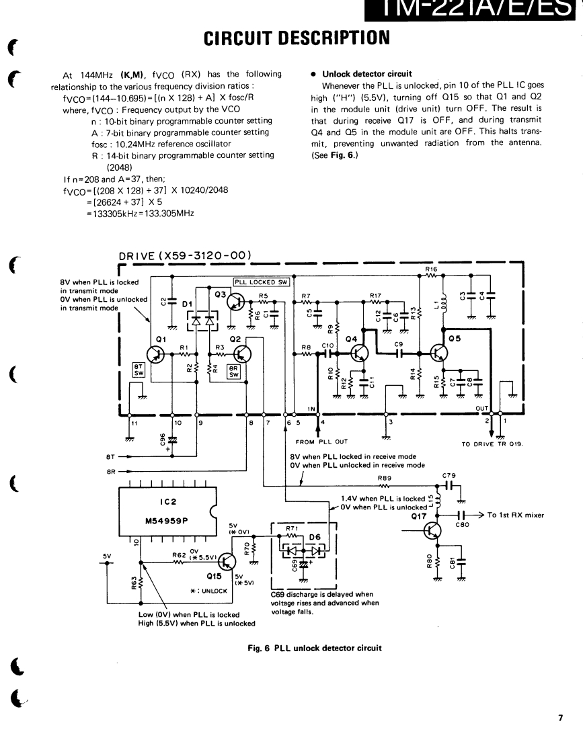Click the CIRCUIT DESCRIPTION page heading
click(291, 34)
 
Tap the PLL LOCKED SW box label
click(262, 282)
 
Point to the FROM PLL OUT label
click(321, 442)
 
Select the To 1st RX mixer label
click(515, 515)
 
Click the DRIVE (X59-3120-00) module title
click(185, 255)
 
